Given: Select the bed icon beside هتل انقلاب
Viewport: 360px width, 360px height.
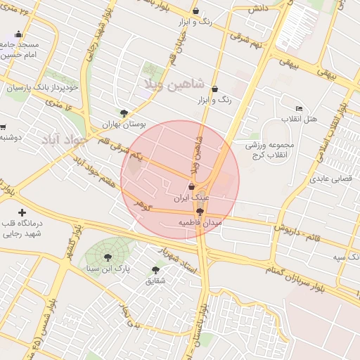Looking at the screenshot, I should click(300, 109).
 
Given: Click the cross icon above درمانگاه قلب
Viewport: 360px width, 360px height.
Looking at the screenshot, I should click(22, 212).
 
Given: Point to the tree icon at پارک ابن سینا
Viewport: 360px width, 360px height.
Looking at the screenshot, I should click(107, 257).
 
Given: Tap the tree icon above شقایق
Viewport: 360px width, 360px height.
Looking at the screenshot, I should click(155, 270).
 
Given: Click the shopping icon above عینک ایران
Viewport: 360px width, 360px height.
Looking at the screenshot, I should click(192, 187).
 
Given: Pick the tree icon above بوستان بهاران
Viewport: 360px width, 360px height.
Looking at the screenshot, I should click(124, 112).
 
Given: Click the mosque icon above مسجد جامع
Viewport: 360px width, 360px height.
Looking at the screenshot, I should click(18, 34).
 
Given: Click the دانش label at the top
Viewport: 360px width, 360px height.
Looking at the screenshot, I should click(255, 10).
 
